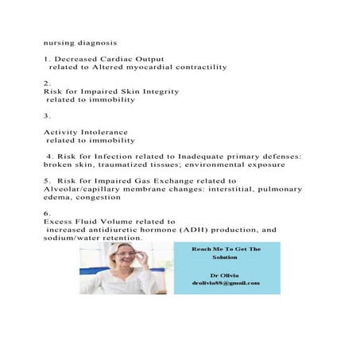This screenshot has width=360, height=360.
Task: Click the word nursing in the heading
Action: point(57,37)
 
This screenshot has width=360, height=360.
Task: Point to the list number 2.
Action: point(48,83)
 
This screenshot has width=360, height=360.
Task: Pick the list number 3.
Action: point(48,116)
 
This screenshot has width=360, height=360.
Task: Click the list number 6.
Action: point(48,214)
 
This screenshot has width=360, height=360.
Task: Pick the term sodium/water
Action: point(73,238)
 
